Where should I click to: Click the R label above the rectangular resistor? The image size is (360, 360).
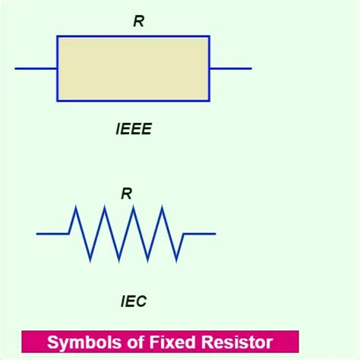coord(138,21)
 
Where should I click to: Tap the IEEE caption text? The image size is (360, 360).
coord(134,129)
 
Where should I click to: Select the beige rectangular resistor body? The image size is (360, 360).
coord(133,68)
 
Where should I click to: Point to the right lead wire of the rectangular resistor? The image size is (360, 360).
coord(230,68)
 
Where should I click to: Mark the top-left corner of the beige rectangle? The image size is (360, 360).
coord(57,36)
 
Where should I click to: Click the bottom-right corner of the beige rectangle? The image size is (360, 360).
coord(209,101)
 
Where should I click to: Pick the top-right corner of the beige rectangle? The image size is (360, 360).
coord(209,36)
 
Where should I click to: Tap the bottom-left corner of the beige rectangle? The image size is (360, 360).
coord(57,101)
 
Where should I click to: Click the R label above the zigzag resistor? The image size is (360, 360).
coord(126,194)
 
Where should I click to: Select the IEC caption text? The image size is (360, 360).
coord(133,302)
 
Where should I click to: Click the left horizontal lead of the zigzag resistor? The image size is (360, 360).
coord(52,233)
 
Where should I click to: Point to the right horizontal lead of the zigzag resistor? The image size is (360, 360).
coord(200,233)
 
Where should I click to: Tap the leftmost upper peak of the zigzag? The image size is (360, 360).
coord(75,207)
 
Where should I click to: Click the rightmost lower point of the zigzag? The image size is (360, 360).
coord(177,261)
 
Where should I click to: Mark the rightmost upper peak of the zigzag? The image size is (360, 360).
coord(162,207)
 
